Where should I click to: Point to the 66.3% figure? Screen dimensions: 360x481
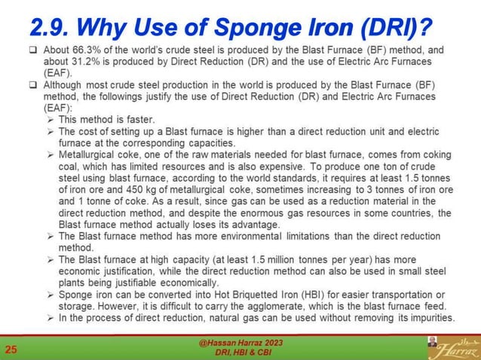[75, 50]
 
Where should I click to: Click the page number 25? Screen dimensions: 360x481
[12, 349]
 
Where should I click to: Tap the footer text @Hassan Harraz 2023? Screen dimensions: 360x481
[240, 343]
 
